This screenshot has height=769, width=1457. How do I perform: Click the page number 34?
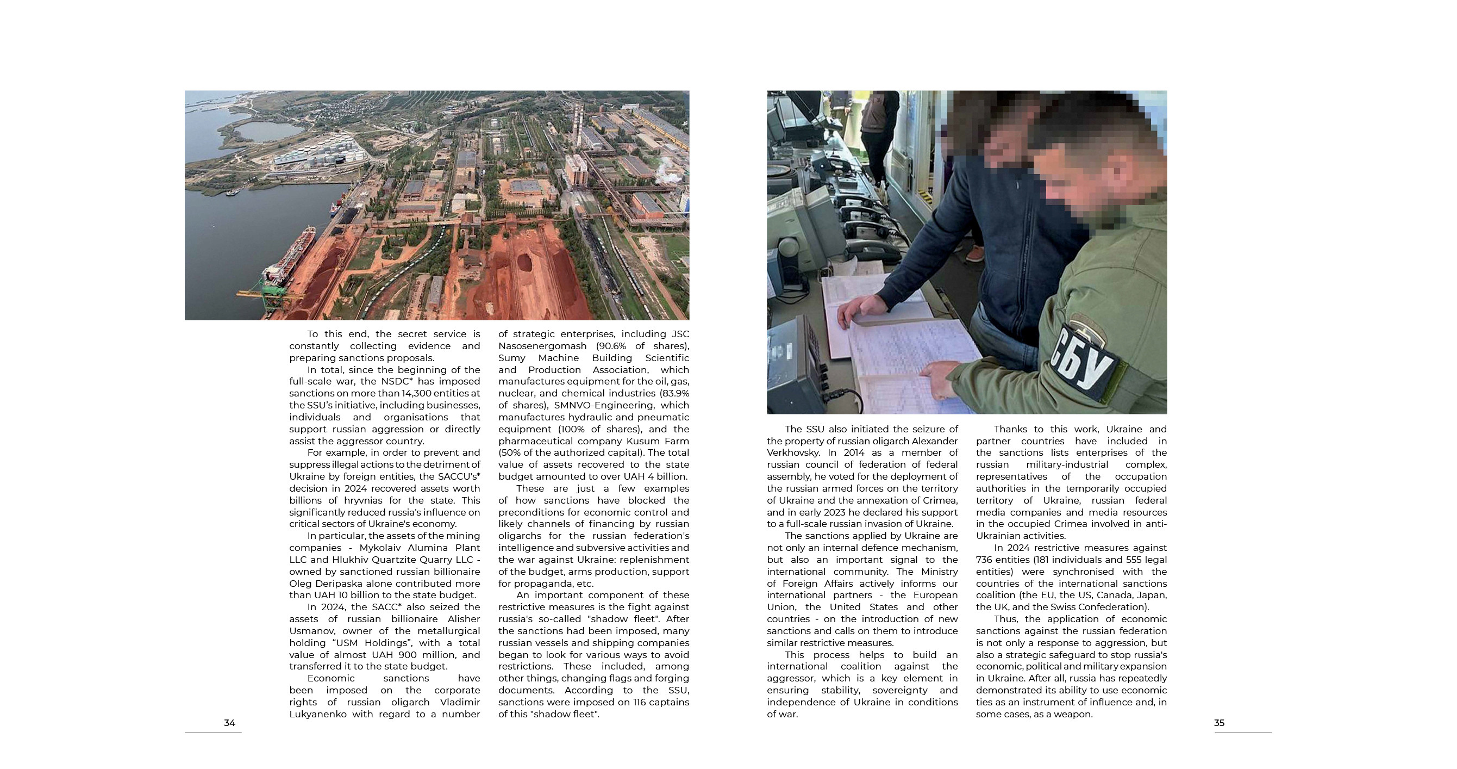tap(230, 723)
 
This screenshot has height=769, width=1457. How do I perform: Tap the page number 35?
tap(1219, 723)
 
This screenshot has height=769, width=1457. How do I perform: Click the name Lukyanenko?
tap(318, 714)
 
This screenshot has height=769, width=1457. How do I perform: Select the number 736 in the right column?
tap(985, 560)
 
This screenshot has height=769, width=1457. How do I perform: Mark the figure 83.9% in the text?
tap(674, 393)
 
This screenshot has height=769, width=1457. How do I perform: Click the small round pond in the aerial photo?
tap(268, 131)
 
